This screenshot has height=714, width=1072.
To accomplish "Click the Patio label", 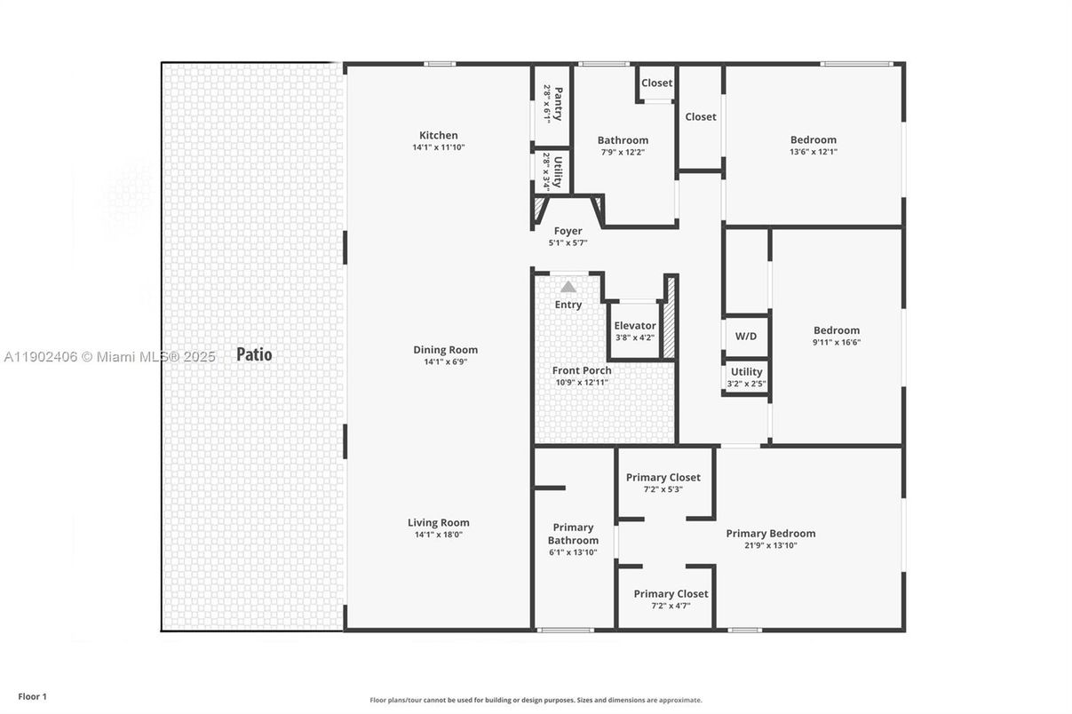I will point(254,354).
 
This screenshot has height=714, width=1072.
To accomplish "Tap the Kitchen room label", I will point(439,136).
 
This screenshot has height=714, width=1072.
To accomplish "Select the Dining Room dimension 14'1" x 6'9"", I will point(445,362).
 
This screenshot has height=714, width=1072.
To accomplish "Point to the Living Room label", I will point(439,523).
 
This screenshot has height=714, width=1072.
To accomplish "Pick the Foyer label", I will point(568,231).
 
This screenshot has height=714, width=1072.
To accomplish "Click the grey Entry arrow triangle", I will point(568,287).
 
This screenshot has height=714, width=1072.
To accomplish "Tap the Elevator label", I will point(635,326).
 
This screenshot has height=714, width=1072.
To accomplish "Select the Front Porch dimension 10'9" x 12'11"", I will point(582,383).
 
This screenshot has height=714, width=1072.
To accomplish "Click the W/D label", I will point(746,337).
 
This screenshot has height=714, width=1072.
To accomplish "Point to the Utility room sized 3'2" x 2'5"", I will point(746,372).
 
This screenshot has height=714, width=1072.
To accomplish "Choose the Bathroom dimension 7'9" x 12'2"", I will point(623,152).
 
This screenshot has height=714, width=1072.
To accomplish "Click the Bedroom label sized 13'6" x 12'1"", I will point(814,139).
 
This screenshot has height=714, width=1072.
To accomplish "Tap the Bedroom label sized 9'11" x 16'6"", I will point(837,330).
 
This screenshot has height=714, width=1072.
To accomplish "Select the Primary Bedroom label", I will point(771,534).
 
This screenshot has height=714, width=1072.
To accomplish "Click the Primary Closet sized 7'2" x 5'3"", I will point(663,478).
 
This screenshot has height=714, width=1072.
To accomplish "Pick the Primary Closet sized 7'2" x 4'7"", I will point(671,594).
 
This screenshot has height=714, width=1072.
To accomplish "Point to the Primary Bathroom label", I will point(573,534).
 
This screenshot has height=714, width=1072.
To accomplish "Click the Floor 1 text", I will point(32,697).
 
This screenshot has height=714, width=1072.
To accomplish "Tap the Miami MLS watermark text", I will point(110,357).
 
